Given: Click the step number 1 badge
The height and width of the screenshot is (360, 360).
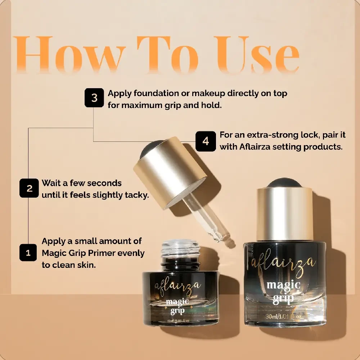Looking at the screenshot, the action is pyautogui.click(x=28, y=253).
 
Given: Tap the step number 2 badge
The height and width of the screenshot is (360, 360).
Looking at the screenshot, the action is pyautogui.click(x=29, y=188).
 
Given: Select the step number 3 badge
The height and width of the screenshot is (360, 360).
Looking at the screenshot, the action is pyautogui.click(x=94, y=98).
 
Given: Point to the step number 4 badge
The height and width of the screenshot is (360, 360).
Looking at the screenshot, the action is pyautogui.click(x=206, y=141).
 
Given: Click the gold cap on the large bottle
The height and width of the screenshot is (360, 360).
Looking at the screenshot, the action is pyautogui.click(x=285, y=214).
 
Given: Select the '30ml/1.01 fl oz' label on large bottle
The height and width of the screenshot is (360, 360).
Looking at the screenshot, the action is pyautogui.click(x=285, y=316).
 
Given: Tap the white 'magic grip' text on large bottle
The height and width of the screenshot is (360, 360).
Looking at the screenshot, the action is pyautogui.click(x=284, y=292).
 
